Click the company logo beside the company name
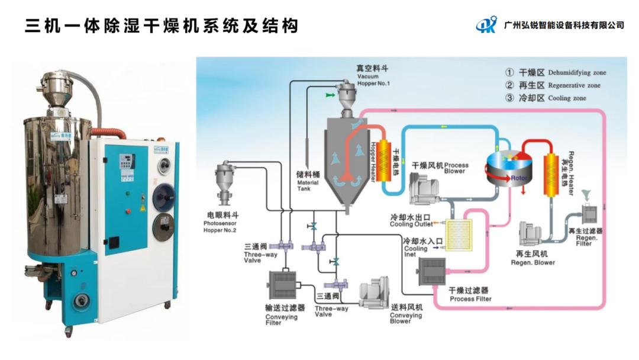click(x=488, y=25)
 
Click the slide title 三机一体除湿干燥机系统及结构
click(x=162, y=26)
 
